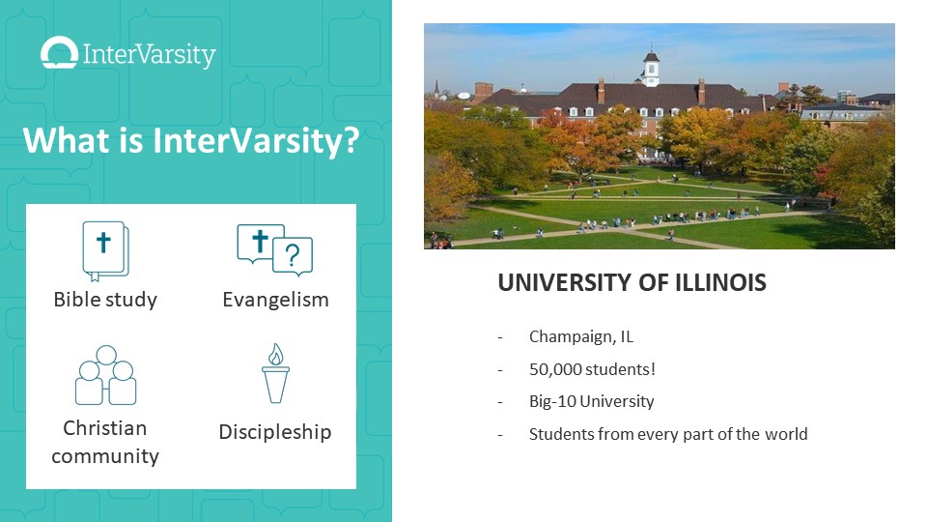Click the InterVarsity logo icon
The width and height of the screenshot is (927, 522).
click(x=59, y=52)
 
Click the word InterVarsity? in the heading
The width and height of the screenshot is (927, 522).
click(x=256, y=141)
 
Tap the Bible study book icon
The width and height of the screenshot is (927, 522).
click(x=105, y=251)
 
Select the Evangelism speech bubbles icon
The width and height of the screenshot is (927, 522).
click(x=275, y=250)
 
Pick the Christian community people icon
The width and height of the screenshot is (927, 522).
click(x=106, y=375)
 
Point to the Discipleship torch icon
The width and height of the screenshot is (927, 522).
click(x=275, y=373)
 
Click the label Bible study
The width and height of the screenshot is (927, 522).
click(x=105, y=300)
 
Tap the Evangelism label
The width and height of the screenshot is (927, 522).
click(x=275, y=300)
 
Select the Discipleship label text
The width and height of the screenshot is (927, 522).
click(x=275, y=432)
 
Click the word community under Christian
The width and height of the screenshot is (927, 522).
click(x=105, y=456)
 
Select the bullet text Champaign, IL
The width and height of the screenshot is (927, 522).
click(x=581, y=336)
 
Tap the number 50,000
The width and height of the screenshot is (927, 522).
click(x=556, y=369)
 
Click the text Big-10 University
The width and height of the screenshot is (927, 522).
click(x=592, y=401)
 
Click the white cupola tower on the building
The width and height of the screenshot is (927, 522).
click(x=651, y=68)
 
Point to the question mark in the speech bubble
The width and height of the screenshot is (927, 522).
click(x=292, y=255)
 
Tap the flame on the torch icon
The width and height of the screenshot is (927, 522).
click(x=275, y=354)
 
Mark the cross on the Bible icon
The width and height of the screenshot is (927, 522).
click(x=103, y=242)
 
